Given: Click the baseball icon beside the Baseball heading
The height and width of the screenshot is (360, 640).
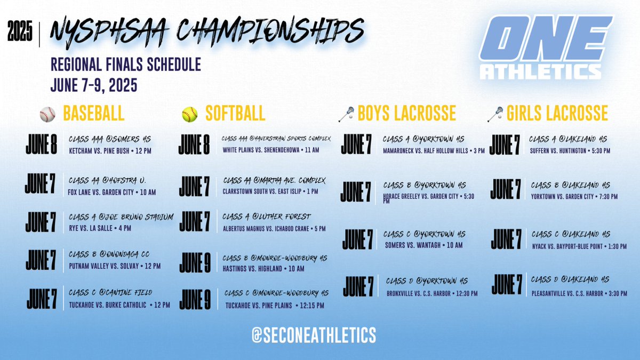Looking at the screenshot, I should [47, 114].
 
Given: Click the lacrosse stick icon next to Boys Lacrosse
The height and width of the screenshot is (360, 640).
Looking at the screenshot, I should [347, 113].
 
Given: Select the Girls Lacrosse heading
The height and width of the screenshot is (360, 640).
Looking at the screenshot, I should [557, 113].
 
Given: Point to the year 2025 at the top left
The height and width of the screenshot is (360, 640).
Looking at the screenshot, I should [20, 34].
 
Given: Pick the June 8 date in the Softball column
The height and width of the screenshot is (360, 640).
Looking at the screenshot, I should [194, 145].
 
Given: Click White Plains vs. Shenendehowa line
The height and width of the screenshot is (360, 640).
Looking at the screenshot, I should [271, 150].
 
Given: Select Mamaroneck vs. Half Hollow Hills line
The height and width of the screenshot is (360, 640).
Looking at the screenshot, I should [433, 151].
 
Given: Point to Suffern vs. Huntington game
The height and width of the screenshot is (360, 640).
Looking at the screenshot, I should [570, 151].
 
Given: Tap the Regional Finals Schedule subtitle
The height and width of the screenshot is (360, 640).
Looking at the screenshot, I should [126, 65].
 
